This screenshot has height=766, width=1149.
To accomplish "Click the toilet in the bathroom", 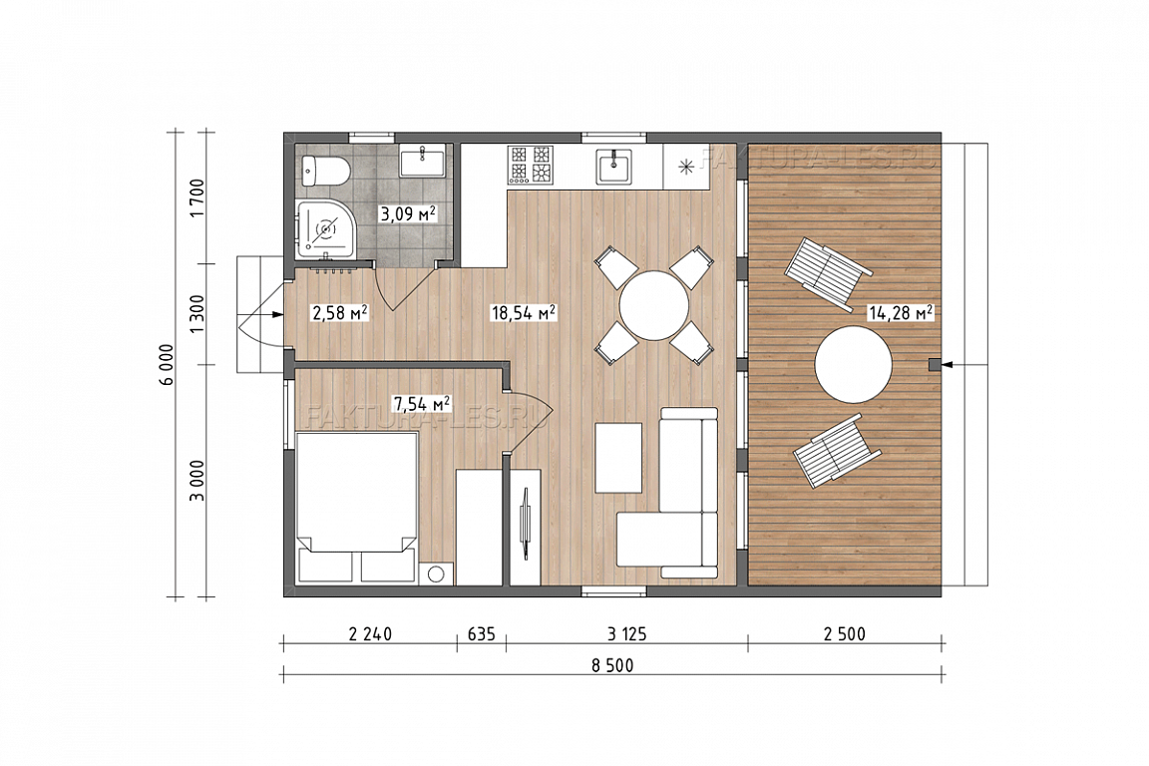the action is coord(325,172).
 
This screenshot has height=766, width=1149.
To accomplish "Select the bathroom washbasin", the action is coord(422,161).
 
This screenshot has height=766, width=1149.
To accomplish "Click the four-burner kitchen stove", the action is coord(531,165).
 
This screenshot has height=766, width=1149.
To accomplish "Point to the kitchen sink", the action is coord(613,165).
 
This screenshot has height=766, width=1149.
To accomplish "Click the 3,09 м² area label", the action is coord(407,214).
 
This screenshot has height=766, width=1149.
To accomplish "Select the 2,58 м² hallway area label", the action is coord(339,314).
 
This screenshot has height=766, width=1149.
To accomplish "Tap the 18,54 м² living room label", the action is coord(524,313).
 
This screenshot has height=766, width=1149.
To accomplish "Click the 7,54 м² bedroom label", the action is coord(421,403).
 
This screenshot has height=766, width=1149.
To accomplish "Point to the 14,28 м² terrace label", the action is coord(900,313).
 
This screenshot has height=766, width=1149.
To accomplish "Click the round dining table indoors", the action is coord(653,305).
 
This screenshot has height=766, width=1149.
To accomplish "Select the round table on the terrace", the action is coord(853,364).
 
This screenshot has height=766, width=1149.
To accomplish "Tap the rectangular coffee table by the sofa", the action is coord(618,458).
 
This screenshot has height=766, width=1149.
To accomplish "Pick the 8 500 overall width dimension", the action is coord(612,665).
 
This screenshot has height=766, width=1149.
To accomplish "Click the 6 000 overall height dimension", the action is coord(168,364).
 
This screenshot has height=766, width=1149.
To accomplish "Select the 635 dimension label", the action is coord(482,634).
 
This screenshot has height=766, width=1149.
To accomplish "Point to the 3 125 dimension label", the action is coord(627,634).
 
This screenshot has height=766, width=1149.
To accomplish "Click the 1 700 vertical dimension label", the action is coord(197,197).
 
